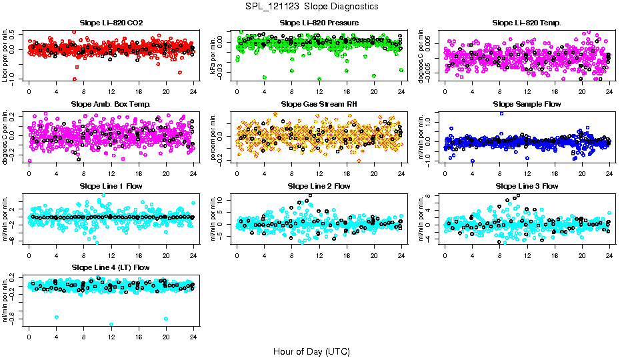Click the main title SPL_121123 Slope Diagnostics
click(x=311, y=6)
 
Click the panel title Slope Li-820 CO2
click(x=111, y=23)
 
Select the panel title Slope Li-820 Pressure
click(x=319, y=23)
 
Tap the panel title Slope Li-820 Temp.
click(x=527, y=23)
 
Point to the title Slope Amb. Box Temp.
click(x=111, y=105)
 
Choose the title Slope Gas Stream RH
click(x=319, y=105)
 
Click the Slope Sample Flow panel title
click(x=527, y=105)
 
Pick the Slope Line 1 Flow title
click(x=111, y=186)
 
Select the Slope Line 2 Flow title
click(x=319, y=186)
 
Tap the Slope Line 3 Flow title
click(x=527, y=186)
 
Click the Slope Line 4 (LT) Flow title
click(x=111, y=267)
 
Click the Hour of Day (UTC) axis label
click(x=311, y=351)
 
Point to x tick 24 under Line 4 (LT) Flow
click(x=193, y=335)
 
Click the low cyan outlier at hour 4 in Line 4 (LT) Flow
click(x=57, y=317)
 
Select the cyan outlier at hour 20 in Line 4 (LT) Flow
click(x=166, y=319)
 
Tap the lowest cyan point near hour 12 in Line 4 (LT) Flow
click(x=111, y=325)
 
